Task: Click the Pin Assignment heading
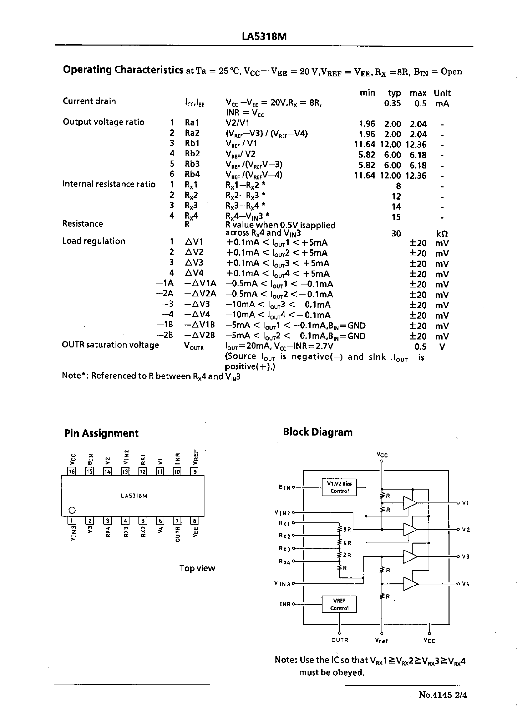point(101,433)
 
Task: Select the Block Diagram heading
point(318,432)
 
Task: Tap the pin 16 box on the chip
point(72,471)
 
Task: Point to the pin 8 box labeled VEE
point(194,521)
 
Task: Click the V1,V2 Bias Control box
point(339,487)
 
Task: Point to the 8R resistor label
point(347,529)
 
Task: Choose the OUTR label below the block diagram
point(339,640)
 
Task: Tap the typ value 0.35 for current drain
point(392,103)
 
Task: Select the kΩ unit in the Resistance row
point(442,234)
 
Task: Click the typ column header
point(394,93)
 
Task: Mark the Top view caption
point(197,568)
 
